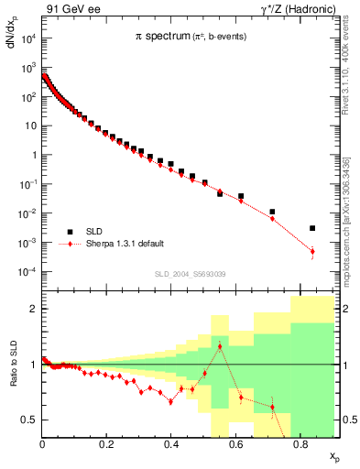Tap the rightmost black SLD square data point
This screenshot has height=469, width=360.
tap(312, 228)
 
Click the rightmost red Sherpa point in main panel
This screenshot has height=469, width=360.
tap(312, 251)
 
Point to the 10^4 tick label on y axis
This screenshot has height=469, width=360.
tap(27, 38)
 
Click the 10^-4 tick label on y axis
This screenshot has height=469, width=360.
tap(27, 272)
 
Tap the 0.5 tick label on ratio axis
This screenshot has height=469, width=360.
tap(30, 420)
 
